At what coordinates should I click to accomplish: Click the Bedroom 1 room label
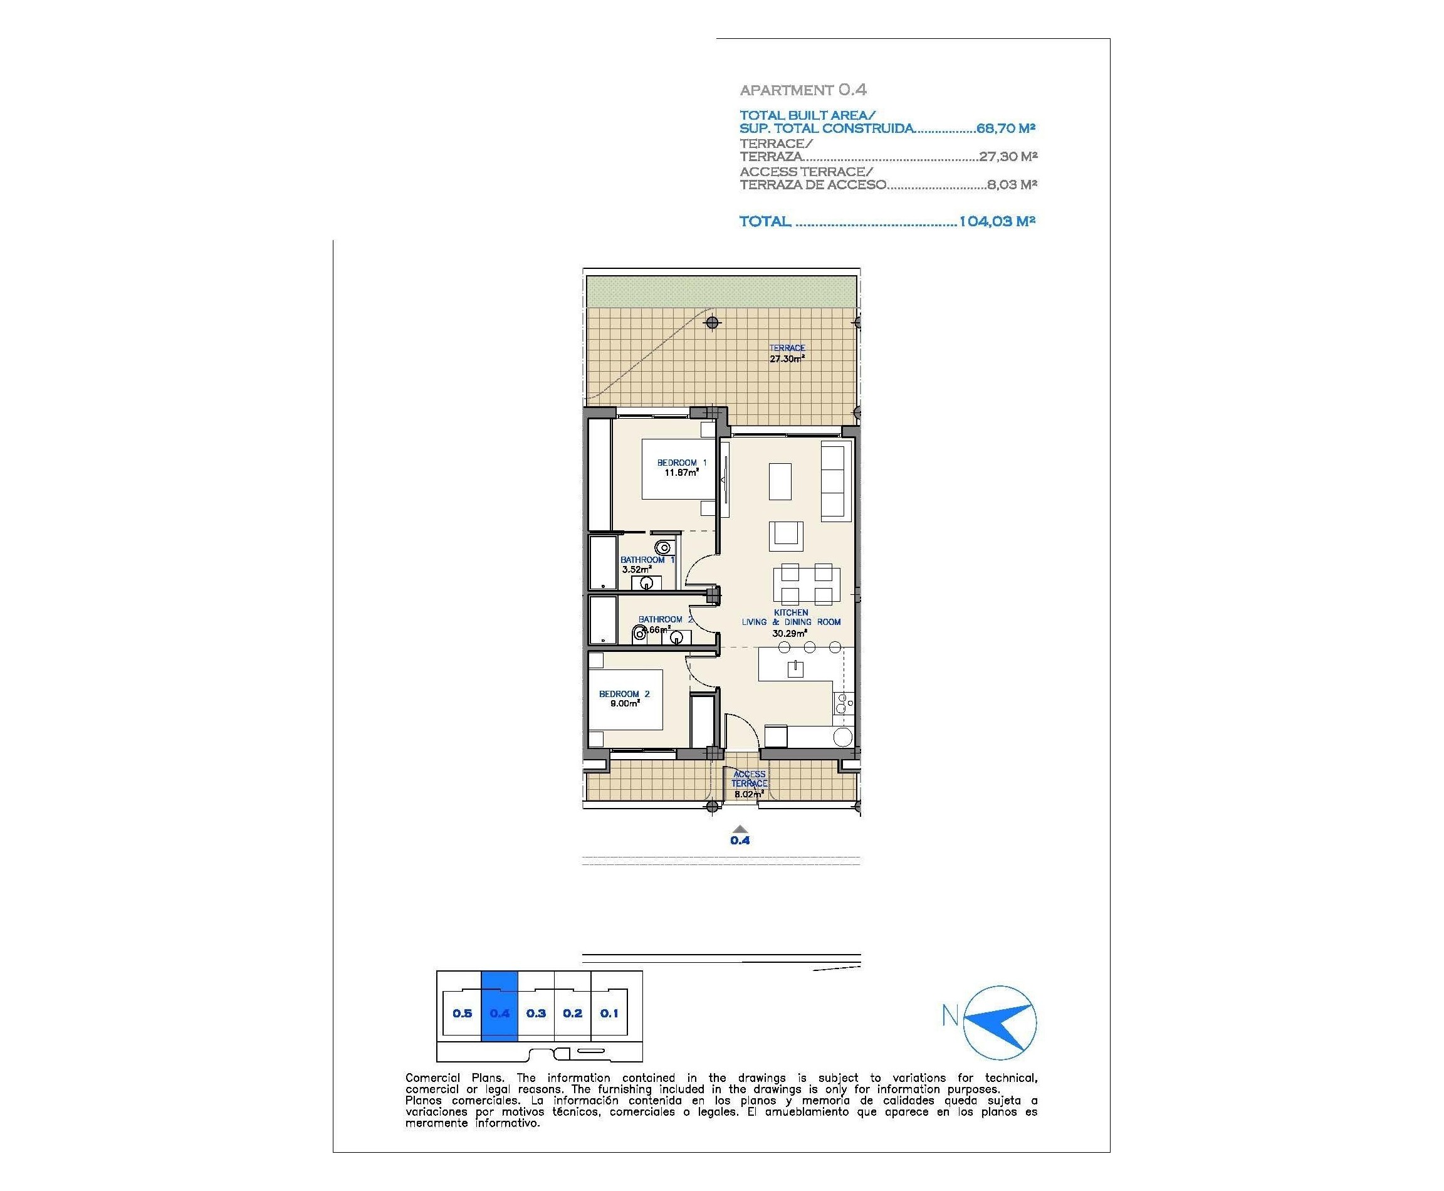pyautogui.click(x=681, y=463)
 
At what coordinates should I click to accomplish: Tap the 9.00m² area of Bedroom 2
pyautogui.click(x=624, y=703)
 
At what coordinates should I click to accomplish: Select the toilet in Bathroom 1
pyautogui.click(x=662, y=547)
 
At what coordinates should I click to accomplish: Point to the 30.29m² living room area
pyautogui.click(x=789, y=633)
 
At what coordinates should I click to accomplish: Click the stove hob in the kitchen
pyautogui.click(x=842, y=703)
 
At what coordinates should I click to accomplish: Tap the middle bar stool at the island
pyautogui.click(x=810, y=647)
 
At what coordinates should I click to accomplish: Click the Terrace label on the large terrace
pyautogui.click(x=786, y=348)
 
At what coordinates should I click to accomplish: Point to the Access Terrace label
pyautogui.click(x=749, y=778)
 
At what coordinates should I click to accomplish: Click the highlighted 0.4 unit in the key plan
pyautogui.click(x=500, y=1012)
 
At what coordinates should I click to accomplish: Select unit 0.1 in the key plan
pyautogui.click(x=609, y=1012)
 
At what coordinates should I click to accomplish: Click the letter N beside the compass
pyautogui.click(x=950, y=1015)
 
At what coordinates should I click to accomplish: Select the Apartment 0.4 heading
pyautogui.click(x=803, y=90)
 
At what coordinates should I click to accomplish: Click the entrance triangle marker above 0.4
pyautogui.click(x=740, y=828)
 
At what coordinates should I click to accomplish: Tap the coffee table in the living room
pyautogui.click(x=780, y=481)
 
